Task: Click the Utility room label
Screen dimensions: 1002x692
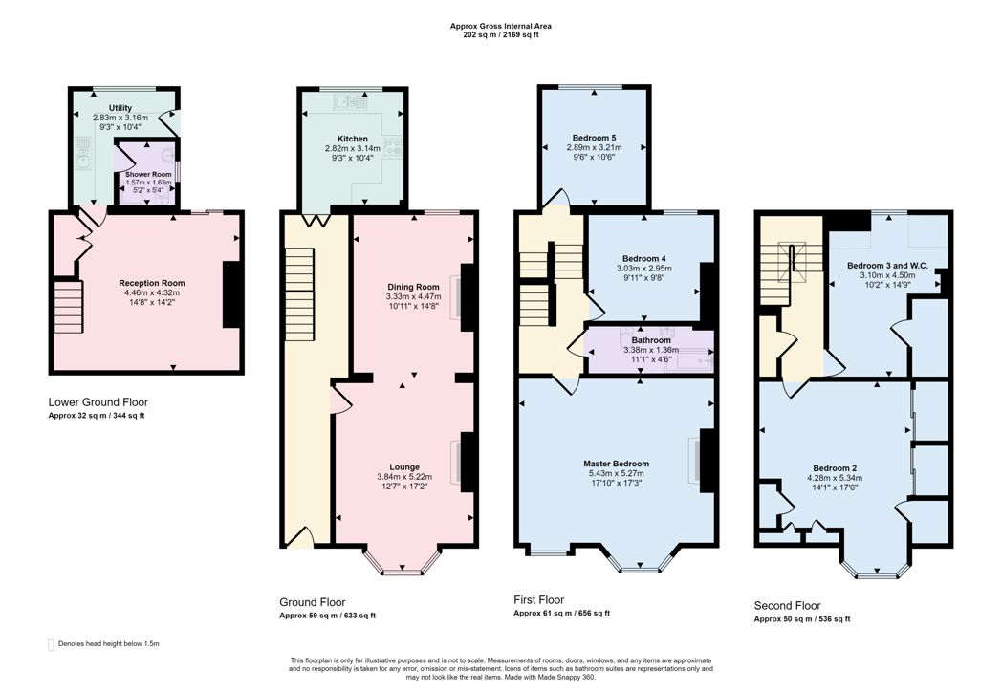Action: pyautogui.click(x=120, y=108)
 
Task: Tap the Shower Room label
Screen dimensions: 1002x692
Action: pyautogui.click(x=148, y=175)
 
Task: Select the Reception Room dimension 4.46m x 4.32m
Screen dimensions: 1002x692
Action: pyautogui.click(x=153, y=292)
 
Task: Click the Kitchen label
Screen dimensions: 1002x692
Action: pyautogui.click(x=353, y=139)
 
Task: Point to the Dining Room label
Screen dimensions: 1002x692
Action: pyautogui.click(x=413, y=287)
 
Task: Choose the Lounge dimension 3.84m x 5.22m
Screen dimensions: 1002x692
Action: pyautogui.click(x=404, y=477)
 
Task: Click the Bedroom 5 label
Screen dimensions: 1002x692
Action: pyautogui.click(x=595, y=138)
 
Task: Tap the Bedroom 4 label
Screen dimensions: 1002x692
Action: pyautogui.click(x=644, y=259)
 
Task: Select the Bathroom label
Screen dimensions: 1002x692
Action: pyautogui.click(x=651, y=340)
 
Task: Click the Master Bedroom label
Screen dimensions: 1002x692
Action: pyautogui.click(x=616, y=464)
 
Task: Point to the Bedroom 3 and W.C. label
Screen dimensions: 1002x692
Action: pyautogui.click(x=887, y=265)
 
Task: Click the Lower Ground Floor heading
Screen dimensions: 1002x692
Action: pyautogui.click(x=98, y=402)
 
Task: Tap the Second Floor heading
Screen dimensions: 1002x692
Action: pyautogui.click(x=787, y=606)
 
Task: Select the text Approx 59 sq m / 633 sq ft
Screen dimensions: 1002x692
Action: pyautogui.click(x=327, y=616)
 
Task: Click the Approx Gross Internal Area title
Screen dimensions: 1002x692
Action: pyautogui.click(x=501, y=26)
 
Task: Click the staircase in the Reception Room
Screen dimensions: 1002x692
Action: pyautogui.click(x=69, y=306)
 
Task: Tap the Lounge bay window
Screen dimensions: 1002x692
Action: pyautogui.click(x=402, y=562)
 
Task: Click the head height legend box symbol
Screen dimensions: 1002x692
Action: pyautogui.click(x=51, y=645)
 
